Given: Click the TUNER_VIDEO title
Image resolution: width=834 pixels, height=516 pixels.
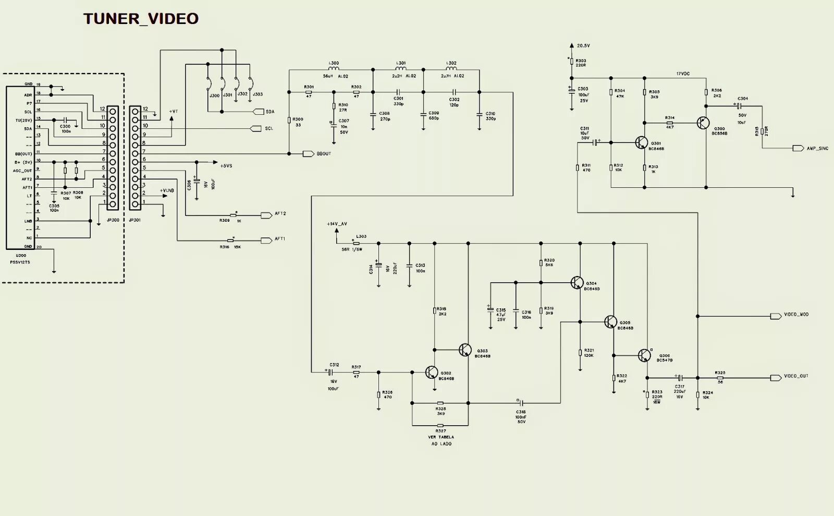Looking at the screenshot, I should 141,19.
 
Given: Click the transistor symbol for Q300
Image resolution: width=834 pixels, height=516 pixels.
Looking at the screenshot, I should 703,123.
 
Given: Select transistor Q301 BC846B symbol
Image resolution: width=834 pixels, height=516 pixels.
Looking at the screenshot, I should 641,142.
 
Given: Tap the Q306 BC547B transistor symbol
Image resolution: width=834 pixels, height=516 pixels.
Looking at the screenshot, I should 645,356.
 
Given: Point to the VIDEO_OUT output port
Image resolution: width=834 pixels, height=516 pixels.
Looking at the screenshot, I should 776,377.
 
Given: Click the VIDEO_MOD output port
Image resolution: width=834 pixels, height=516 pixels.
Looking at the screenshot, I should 776,316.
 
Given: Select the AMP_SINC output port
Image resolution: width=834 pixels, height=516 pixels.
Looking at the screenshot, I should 798,148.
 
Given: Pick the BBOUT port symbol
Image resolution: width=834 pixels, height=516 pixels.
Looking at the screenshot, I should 308,153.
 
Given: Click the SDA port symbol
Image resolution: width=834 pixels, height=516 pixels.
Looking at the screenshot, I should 258,112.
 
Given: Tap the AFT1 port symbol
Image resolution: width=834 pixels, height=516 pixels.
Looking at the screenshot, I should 267,241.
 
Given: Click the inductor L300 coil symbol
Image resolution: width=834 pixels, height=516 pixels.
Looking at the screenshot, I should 334,68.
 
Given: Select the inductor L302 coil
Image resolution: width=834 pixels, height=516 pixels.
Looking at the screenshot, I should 451,68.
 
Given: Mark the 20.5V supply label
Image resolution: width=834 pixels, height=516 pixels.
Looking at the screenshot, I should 583,46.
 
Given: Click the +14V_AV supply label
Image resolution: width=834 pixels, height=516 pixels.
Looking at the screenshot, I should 337,224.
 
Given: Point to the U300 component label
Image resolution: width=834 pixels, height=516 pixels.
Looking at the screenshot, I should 21,256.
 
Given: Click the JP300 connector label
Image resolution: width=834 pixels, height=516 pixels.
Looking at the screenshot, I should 113,220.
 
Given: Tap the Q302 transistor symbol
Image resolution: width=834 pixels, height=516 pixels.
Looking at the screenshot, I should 432,372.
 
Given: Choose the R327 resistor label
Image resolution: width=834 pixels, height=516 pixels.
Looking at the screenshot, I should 441,431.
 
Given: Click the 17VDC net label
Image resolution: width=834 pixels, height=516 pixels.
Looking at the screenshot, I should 683,74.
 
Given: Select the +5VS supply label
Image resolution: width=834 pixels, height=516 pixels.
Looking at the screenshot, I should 226,166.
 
